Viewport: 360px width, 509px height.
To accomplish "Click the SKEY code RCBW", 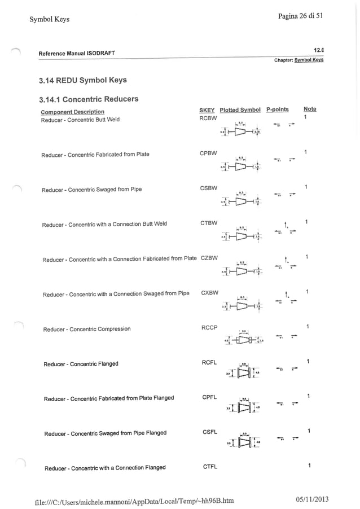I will pos(208,119).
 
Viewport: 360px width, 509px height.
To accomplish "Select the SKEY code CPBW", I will pos(208,153).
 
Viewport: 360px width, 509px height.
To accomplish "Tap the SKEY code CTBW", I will pos(209,223).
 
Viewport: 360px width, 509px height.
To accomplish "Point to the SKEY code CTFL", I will pos(209,466).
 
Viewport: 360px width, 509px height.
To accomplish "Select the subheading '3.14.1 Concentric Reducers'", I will pos(89,99).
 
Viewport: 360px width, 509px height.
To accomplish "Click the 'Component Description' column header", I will pos(72,112).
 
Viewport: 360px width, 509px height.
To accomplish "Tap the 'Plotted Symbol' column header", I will pos(240,109).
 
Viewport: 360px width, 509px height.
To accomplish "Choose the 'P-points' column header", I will pos(277,109).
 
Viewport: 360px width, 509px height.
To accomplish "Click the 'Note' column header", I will pos(310,109).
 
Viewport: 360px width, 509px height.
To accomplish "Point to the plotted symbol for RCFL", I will pos(243,372).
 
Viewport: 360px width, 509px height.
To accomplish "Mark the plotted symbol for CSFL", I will pos(243,442).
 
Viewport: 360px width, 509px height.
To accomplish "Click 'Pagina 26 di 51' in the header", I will pos(300,16).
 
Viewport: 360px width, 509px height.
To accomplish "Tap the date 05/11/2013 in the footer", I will pos(311,499).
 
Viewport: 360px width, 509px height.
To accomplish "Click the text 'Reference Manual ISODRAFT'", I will pos(77,54).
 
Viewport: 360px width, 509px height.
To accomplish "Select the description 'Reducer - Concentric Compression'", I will pos(87,329).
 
